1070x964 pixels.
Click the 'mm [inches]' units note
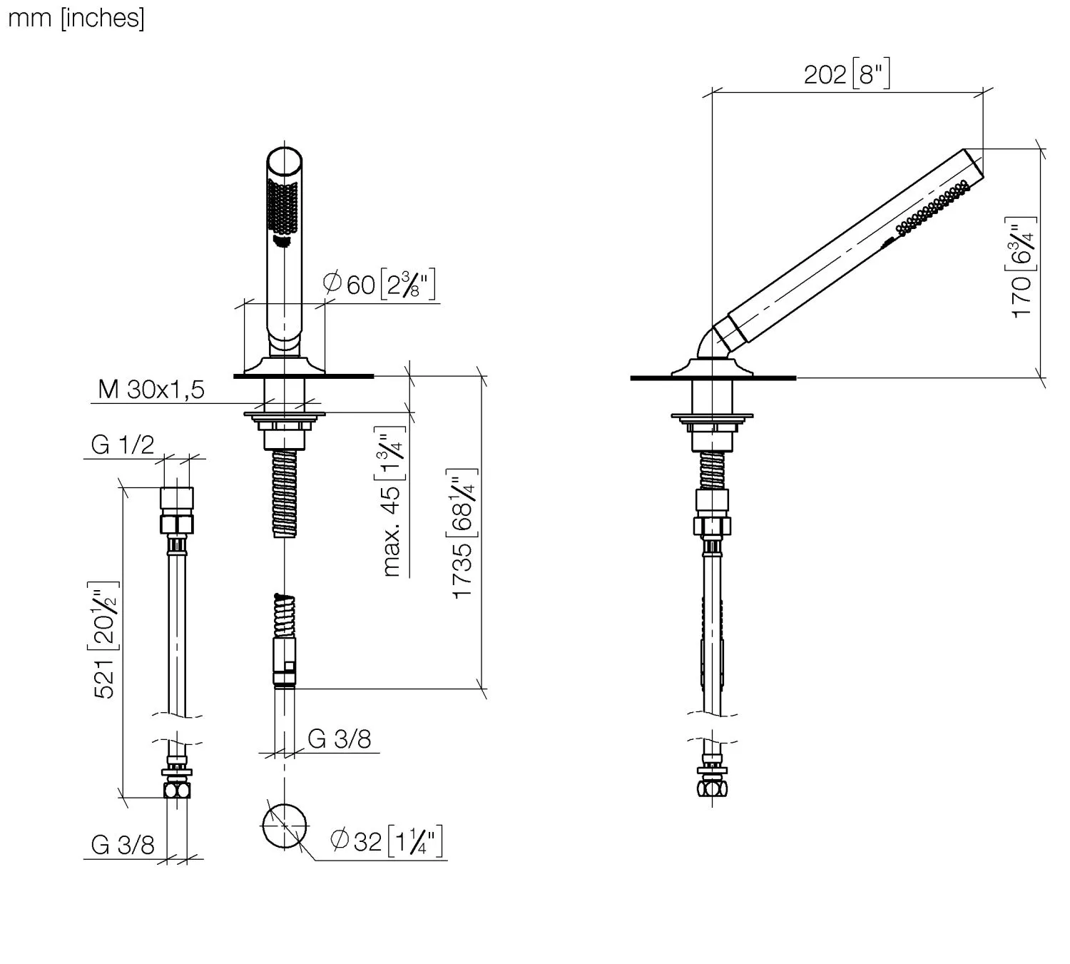click(76, 19)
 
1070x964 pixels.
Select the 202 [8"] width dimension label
click(847, 73)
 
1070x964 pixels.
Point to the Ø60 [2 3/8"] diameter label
click(379, 284)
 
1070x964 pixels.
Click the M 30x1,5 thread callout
click(151, 389)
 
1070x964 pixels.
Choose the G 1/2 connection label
click(123, 444)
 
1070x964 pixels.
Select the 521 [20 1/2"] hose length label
click(104, 640)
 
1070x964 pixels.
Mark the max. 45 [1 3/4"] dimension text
click(392, 501)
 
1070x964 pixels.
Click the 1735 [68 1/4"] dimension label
click(462, 533)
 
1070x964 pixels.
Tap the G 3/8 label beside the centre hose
click(340, 739)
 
